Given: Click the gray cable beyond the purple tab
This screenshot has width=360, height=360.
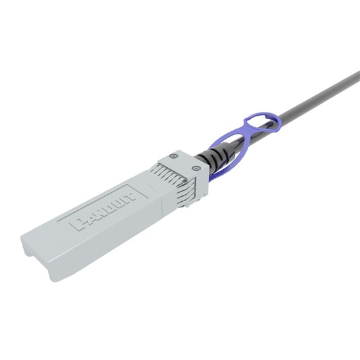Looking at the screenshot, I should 309,102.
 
